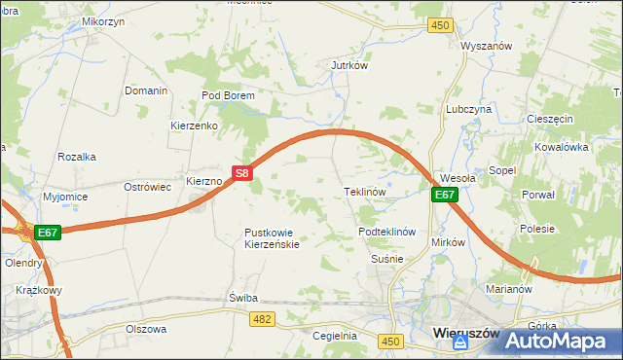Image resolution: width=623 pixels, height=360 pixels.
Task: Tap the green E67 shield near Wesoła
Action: (445, 195)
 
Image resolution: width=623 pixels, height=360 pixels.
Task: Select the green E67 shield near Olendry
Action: (49, 233)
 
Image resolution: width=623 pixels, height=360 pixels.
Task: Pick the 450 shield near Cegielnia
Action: (391, 341)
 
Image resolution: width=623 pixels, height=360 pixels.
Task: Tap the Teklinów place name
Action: (366, 192)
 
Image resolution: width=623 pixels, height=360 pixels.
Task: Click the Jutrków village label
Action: (348, 65)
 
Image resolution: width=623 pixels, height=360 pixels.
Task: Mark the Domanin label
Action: (146, 90)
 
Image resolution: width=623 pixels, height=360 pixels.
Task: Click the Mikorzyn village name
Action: (104, 20)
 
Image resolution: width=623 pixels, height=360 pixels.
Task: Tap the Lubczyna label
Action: (468, 110)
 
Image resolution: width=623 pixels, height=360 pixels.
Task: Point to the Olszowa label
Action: (146, 329)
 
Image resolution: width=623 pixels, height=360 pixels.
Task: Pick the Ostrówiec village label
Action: (148, 186)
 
